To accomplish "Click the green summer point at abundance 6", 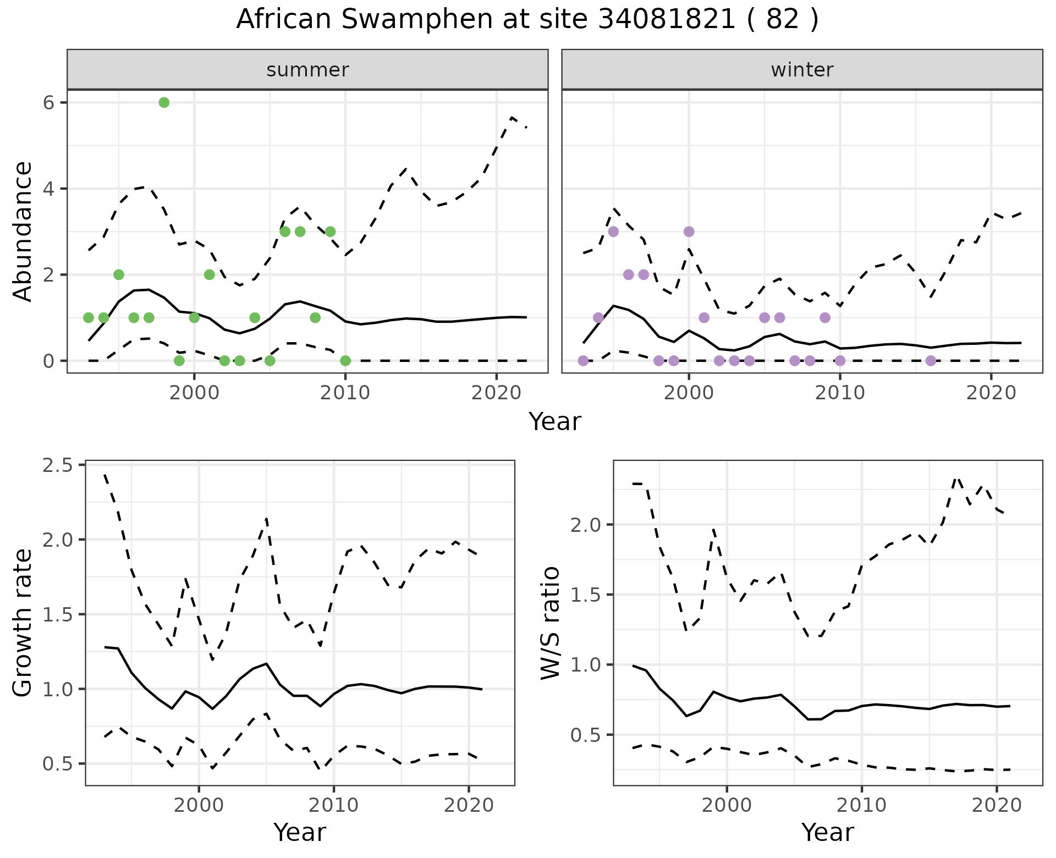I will [164, 103].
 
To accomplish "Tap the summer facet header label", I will [307, 70].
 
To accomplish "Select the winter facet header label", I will [802, 70].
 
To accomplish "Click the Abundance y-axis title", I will [23, 232].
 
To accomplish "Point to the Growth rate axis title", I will [23, 623].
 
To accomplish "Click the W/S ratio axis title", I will [551, 623].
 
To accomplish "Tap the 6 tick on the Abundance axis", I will [49, 103].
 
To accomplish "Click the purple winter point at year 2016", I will [931, 361].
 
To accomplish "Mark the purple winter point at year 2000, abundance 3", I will [689, 232].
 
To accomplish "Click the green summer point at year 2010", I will [345, 361].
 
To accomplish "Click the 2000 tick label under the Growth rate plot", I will [199, 806].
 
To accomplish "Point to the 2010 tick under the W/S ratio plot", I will [861, 806].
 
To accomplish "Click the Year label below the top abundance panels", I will [554, 422].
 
